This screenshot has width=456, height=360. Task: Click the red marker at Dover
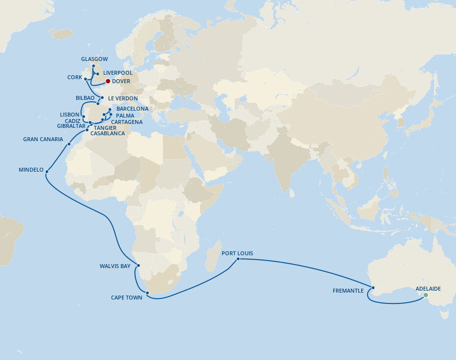[x=108, y=81]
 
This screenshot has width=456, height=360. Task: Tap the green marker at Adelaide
[x=426, y=295]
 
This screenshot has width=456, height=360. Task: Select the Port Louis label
[x=237, y=253]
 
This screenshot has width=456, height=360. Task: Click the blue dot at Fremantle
[x=373, y=288]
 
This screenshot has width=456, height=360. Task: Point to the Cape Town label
[x=127, y=298]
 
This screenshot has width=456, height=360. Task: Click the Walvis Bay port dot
[x=139, y=266]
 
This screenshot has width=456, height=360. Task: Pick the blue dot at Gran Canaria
[x=69, y=144]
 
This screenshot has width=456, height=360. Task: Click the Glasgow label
[x=94, y=59]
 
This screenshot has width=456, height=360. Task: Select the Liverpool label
[x=118, y=73]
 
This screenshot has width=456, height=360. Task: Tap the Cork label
[x=75, y=77]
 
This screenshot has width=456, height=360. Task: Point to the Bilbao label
[x=85, y=98]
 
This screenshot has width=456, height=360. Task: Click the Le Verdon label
[x=123, y=98]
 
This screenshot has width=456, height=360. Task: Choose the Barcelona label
[x=132, y=109]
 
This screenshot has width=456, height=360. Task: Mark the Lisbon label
[x=69, y=115]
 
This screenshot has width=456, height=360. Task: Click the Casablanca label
[x=108, y=133]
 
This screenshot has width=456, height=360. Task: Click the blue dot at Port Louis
[x=238, y=259]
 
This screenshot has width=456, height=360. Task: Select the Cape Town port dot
[x=147, y=293]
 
